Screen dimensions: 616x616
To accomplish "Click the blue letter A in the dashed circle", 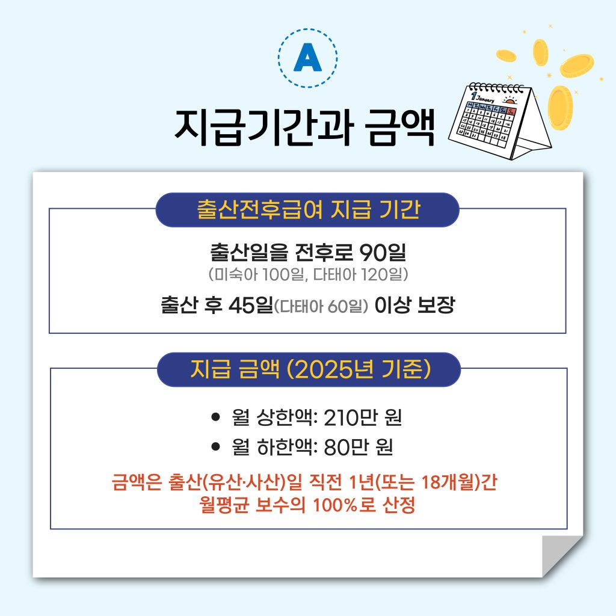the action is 307,57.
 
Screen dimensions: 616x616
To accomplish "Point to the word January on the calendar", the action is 485,97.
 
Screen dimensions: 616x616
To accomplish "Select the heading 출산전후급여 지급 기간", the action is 309,209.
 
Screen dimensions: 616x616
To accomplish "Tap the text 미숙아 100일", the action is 257,274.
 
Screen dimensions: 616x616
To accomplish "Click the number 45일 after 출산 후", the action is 251,305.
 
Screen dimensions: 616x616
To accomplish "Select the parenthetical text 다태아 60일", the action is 321,306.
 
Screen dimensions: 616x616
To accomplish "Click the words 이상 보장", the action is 414,305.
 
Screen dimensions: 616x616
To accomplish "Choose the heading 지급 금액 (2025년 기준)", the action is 310,369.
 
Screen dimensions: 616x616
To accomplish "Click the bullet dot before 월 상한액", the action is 215,417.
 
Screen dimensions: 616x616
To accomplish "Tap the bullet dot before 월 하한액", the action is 215,447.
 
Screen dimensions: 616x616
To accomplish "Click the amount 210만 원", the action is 363,417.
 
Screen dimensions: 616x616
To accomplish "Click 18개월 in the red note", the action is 448,482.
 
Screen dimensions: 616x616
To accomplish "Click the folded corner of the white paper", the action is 560,554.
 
